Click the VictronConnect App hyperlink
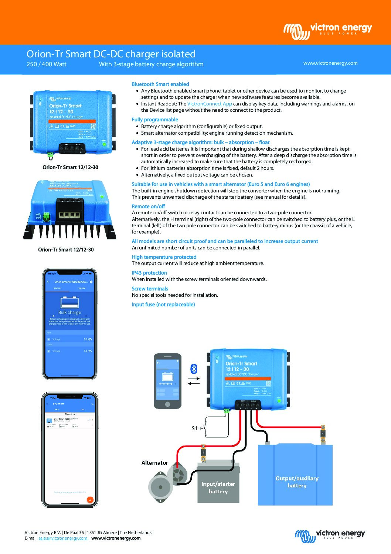click(x=209, y=104)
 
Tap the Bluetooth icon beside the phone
click(x=194, y=369)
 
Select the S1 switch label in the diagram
click(x=194, y=428)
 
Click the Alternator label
click(x=154, y=463)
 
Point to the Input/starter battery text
click(x=218, y=487)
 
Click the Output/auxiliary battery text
click(x=297, y=482)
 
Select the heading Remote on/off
click(x=148, y=207)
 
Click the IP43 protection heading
click(x=149, y=273)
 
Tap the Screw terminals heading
click(x=150, y=289)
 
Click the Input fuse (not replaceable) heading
click(x=163, y=305)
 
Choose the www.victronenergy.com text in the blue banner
click(x=330, y=63)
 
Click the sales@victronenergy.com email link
click(x=63, y=538)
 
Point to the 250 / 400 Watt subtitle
click(x=47, y=64)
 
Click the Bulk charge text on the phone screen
click(x=69, y=312)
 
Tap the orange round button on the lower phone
click(x=89, y=500)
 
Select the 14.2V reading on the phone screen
click(x=88, y=351)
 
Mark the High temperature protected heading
click(x=164, y=257)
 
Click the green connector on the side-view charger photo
click(x=47, y=217)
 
